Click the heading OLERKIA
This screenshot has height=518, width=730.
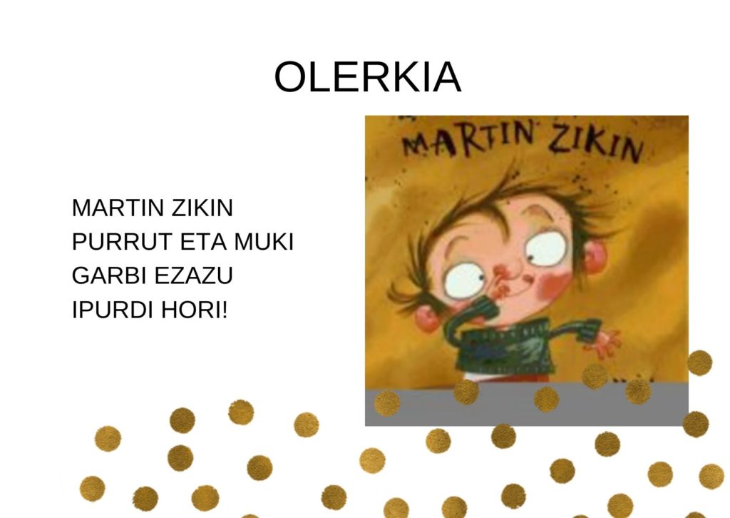pyautogui.click(x=368, y=77)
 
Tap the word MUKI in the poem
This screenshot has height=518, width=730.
pyautogui.click(x=264, y=242)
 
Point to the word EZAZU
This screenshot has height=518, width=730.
pyautogui.click(x=193, y=276)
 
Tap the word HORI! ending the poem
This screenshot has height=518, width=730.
pyautogui.click(x=195, y=310)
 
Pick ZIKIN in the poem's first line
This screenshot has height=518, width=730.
pyautogui.click(x=202, y=208)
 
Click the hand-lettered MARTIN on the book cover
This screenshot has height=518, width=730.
pyautogui.click(x=468, y=139)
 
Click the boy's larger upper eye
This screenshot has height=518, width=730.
pyautogui.click(x=548, y=245)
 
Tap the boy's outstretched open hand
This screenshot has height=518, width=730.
pyautogui.click(x=605, y=343)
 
